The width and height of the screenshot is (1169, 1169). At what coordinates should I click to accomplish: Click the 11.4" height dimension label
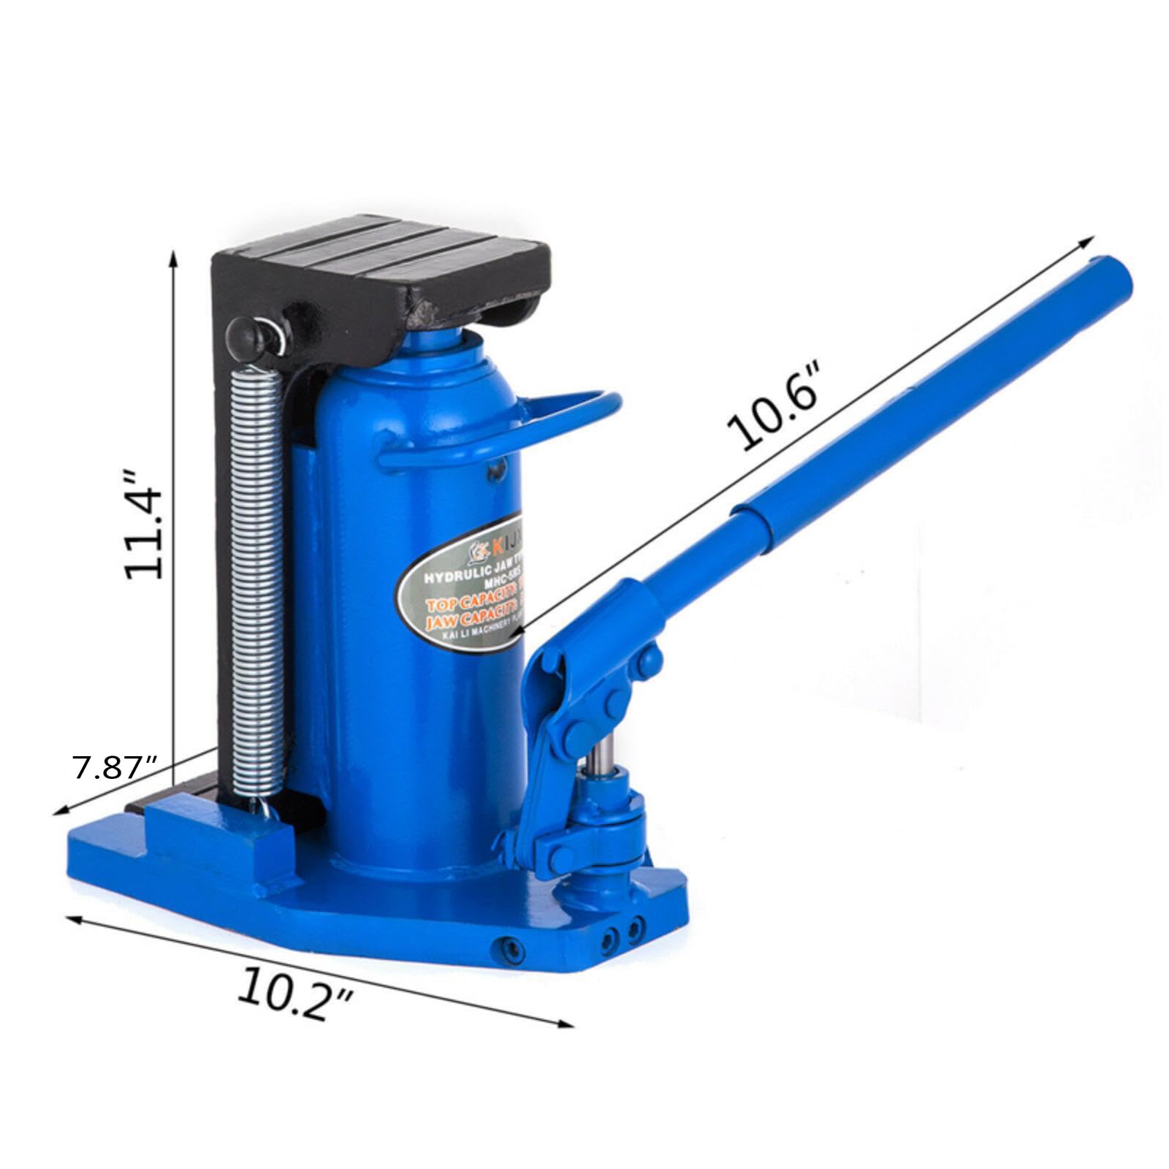click(142, 525)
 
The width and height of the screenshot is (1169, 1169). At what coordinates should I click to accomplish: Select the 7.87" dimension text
click(115, 766)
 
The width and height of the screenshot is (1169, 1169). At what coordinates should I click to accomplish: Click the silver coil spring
click(256, 584)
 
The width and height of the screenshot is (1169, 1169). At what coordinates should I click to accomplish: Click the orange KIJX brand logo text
click(506, 544)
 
